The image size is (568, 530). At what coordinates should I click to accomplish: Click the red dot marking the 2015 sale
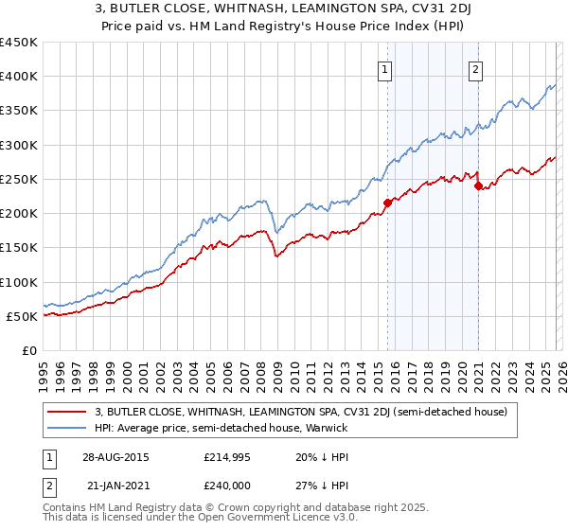coord(387,203)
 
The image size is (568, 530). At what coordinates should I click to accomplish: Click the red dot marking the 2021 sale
coord(478,185)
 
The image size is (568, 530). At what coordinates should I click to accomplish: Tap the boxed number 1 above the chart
coord(386,68)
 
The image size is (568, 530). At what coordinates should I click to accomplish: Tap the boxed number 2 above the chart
coord(475,68)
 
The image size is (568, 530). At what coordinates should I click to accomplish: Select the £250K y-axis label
coord(19,179)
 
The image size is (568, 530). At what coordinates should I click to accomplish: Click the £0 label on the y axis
coord(28,350)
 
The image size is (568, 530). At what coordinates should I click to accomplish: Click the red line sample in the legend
coord(68,412)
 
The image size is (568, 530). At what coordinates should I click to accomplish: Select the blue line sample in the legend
coord(68,428)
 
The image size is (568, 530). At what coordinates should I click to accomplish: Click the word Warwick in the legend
coord(328,428)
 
